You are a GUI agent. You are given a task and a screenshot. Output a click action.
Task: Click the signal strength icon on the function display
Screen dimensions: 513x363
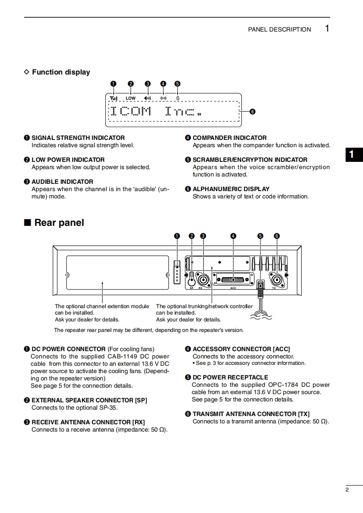(114, 98)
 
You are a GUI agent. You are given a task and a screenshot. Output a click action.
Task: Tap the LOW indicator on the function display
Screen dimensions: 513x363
(131, 98)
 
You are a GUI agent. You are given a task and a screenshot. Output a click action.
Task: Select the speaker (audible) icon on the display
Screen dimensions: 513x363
(147, 98)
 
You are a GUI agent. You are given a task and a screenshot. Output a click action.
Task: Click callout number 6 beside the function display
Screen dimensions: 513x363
(252, 112)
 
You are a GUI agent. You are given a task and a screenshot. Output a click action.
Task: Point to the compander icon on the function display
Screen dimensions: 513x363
(163, 98)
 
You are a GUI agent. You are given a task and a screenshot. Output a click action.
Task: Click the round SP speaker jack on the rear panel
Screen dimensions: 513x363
(192, 277)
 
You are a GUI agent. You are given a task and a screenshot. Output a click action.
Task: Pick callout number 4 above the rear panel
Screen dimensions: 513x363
(233, 236)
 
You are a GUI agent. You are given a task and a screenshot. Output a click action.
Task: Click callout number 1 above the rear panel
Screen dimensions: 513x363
(177, 236)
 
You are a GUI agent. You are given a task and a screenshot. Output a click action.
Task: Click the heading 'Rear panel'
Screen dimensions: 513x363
(59, 223)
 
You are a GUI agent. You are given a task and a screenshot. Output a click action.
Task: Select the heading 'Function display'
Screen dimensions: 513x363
(61, 72)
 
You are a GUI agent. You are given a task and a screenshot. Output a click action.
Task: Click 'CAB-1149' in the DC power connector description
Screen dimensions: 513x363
(123, 357)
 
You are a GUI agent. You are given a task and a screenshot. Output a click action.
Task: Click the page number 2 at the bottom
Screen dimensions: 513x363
(347, 490)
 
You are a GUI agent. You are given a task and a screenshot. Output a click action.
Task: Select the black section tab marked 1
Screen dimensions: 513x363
(352, 155)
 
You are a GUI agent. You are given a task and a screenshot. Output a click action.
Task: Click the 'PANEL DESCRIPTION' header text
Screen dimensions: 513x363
(279, 29)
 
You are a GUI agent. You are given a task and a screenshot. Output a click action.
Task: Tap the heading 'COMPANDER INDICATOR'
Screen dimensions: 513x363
(229, 138)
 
